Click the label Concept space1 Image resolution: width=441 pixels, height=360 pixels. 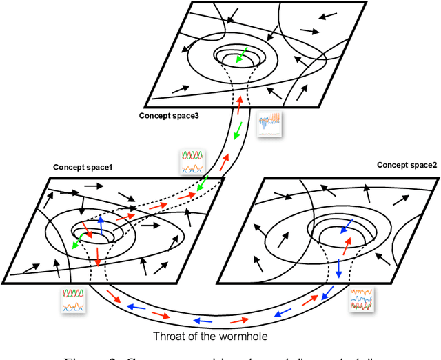[82, 168]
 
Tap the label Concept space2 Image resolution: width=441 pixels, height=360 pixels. [407, 166]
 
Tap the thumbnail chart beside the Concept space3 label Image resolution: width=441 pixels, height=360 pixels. [270, 121]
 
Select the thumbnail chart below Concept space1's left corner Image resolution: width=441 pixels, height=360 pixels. [73, 301]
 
